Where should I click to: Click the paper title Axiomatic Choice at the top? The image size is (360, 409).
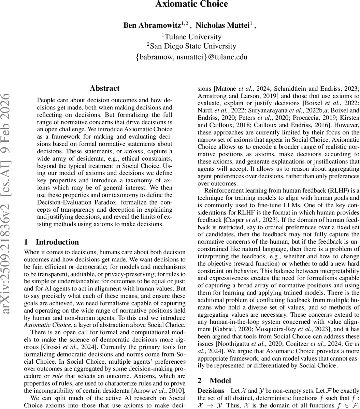point(191,4)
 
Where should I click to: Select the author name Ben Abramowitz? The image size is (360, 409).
point(152,26)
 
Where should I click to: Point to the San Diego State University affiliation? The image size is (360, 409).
point(191,46)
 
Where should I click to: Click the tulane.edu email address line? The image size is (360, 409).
point(191,57)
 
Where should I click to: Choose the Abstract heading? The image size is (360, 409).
point(105,88)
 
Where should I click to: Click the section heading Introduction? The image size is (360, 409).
point(57,242)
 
